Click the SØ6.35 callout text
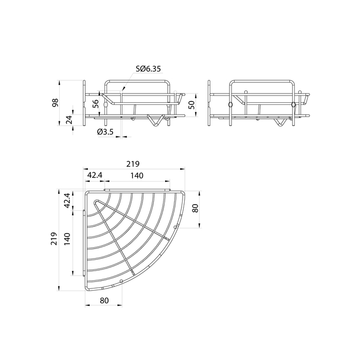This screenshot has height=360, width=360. [148, 68]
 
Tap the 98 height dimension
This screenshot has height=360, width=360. [56, 102]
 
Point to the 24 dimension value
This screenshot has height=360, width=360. [69, 120]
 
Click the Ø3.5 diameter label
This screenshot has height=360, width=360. [105, 132]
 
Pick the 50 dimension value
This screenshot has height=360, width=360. [191, 104]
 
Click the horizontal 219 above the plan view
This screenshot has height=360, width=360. [133, 164]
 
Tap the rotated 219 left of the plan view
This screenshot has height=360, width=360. [53, 239]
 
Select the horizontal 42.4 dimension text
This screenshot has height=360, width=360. [95, 175]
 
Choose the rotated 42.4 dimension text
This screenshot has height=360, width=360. [67, 201]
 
